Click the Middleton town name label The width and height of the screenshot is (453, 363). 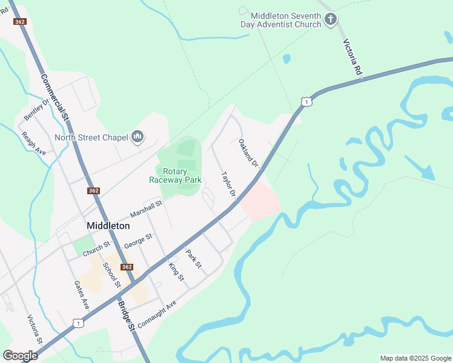108,225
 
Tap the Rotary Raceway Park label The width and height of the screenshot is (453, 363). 175,175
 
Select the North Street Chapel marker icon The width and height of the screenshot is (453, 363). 137,137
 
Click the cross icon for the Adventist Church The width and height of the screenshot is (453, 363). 330,19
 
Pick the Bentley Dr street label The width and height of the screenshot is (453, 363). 35,108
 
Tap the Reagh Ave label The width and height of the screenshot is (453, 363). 33,143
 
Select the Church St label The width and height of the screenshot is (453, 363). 96,248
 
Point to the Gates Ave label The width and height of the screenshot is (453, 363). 82,295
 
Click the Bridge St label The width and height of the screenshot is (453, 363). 127,315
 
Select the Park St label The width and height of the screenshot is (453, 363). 193,259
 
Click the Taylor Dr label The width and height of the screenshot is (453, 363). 228,185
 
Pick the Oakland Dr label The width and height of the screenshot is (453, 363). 248,153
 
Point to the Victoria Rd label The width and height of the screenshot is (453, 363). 352,57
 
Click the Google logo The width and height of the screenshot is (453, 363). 20,355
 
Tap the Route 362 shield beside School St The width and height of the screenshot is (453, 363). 126,267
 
